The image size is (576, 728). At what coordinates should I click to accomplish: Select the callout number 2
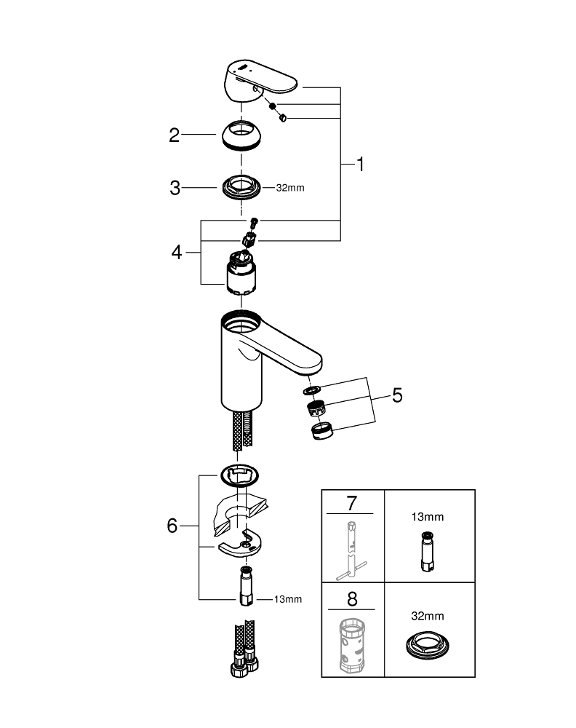pos(175,135)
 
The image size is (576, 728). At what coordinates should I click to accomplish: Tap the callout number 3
pos(175,188)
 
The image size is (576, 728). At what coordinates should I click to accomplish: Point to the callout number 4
pos(176,253)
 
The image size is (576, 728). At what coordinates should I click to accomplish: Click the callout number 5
pos(396,395)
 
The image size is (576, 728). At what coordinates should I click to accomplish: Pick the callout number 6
pos(172,525)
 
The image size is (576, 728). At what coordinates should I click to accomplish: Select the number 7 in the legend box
pos(352,502)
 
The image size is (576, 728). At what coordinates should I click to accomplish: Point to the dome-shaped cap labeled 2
pos(243,135)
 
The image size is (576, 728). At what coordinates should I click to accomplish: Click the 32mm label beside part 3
pos(289,188)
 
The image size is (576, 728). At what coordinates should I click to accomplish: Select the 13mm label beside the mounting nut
pos(287,599)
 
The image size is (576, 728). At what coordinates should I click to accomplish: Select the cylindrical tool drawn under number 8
pos(352,644)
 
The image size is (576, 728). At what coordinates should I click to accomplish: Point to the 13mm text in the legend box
pos(428,517)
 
